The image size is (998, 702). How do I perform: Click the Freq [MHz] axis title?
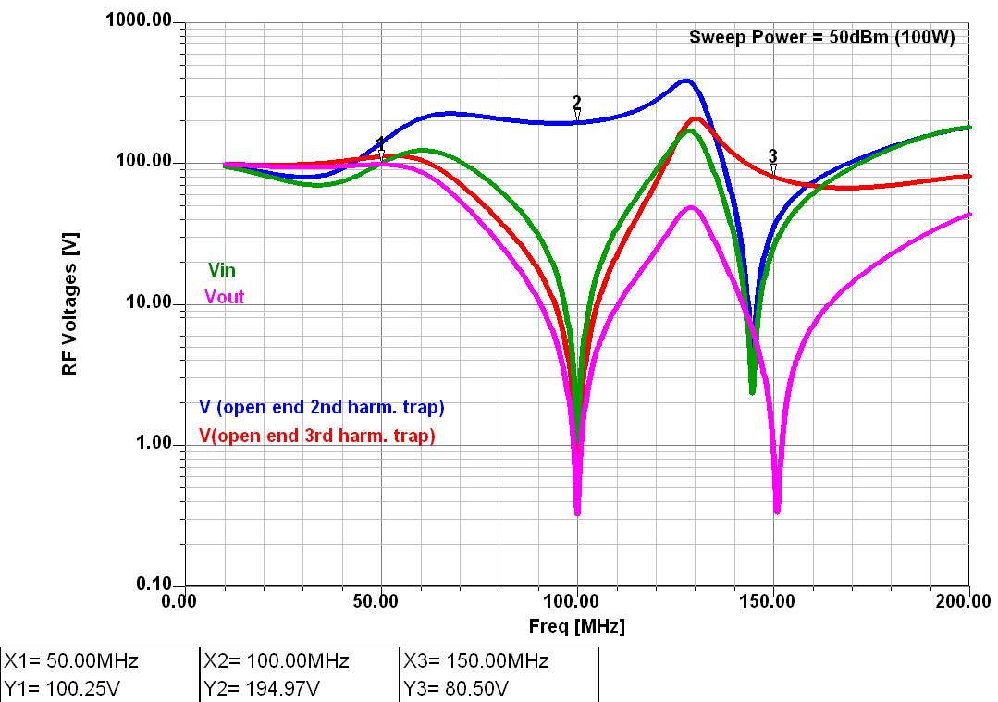pyautogui.click(x=576, y=626)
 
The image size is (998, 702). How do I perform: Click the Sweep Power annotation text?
pyautogui.click(x=821, y=37)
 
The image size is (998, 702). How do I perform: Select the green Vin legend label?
pyautogui.click(x=221, y=270)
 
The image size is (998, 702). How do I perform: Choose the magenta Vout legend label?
pyautogui.click(x=224, y=297)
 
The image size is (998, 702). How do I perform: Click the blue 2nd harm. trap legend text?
pyautogui.click(x=322, y=407)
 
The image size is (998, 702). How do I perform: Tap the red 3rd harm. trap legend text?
pyautogui.click(x=317, y=436)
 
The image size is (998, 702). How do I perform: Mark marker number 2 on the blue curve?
pyautogui.click(x=577, y=104)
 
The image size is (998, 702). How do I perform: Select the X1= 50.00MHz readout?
pyautogui.click(x=71, y=661)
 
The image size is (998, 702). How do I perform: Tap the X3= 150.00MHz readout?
pyautogui.click(x=475, y=661)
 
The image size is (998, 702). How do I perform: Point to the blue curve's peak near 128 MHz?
pyautogui.click(x=685, y=80)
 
